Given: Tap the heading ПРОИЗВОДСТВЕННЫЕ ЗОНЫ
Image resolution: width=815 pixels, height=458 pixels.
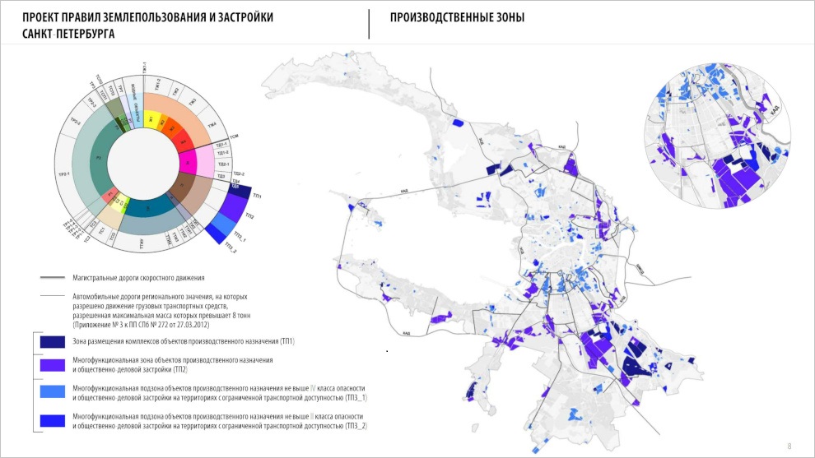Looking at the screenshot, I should coord(457,17).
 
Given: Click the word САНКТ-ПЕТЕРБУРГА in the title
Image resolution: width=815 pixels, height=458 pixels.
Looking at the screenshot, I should coord(69,35).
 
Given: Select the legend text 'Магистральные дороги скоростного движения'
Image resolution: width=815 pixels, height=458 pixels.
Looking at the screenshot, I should coord(138,278).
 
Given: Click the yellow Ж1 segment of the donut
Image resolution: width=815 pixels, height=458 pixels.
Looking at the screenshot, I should coord(151,121).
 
